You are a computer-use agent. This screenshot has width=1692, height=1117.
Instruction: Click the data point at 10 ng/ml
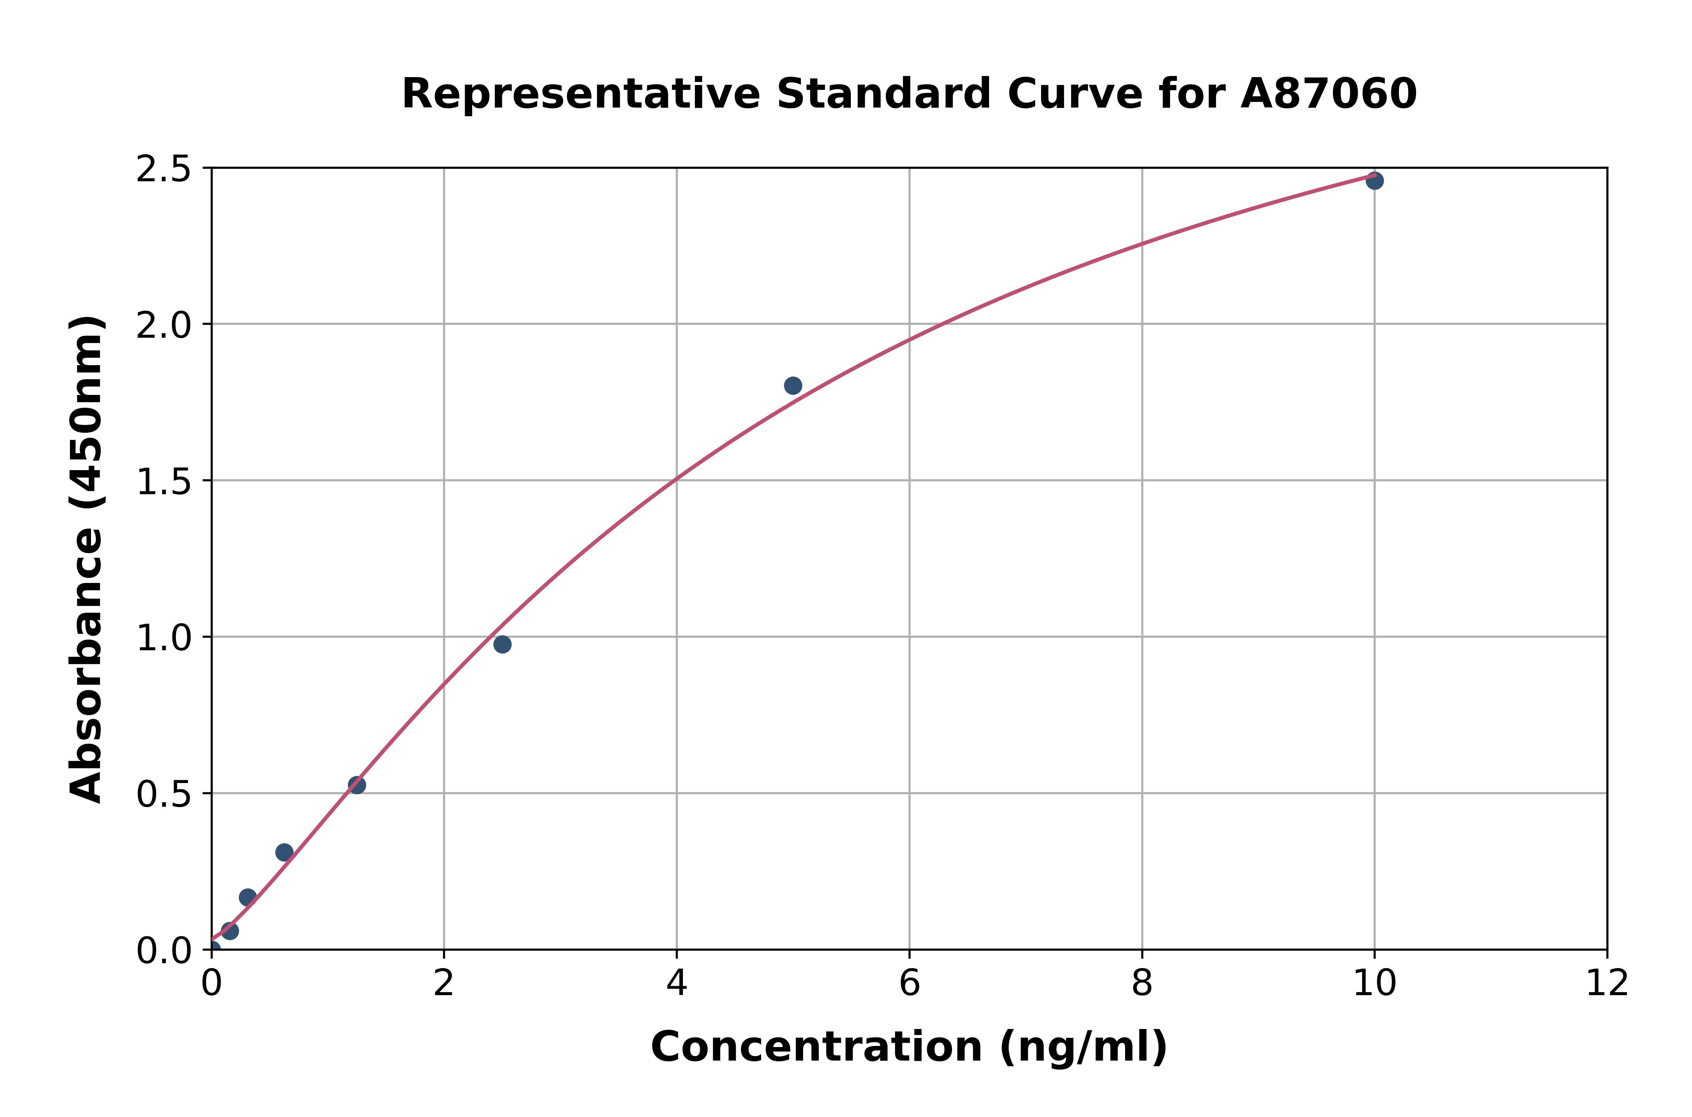tap(1374, 181)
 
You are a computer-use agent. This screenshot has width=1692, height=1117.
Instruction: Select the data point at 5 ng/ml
tap(793, 385)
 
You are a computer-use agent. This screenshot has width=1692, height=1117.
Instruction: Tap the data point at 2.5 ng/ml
tap(502, 644)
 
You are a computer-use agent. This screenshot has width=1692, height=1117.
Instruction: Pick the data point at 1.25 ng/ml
tap(357, 785)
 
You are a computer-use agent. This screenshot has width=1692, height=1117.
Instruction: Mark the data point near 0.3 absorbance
tap(284, 852)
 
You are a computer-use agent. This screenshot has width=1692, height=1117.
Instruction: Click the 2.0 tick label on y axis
tap(164, 326)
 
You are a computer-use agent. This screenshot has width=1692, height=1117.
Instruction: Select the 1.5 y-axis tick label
tap(164, 481)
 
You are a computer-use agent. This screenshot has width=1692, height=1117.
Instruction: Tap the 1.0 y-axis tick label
tap(164, 637)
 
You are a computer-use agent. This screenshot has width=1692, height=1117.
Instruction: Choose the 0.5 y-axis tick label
tap(164, 794)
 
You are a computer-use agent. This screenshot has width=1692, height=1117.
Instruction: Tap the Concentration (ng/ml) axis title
tap(909, 1047)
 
